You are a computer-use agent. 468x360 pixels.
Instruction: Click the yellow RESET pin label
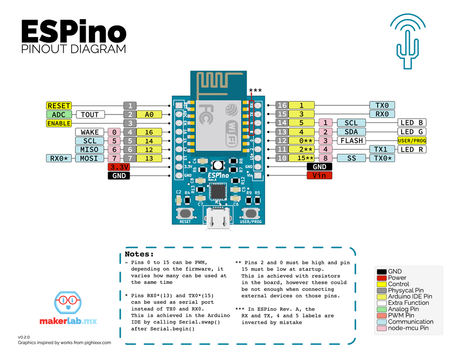click(59, 106)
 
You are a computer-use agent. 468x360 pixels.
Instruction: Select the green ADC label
click(59, 115)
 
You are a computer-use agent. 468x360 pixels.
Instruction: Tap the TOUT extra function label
click(90, 115)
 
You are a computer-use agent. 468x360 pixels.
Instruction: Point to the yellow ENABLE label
click(59, 123)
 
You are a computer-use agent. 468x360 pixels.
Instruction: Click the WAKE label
click(90, 132)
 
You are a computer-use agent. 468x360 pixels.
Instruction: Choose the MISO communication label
click(90, 150)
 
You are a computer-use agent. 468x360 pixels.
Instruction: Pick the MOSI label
click(90, 158)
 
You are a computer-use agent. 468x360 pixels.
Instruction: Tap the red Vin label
click(320, 175)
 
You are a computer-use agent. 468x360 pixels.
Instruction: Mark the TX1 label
click(382, 150)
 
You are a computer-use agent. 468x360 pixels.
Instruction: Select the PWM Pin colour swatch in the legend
click(381, 315)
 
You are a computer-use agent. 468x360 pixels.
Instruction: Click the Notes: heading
click(139, 254)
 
